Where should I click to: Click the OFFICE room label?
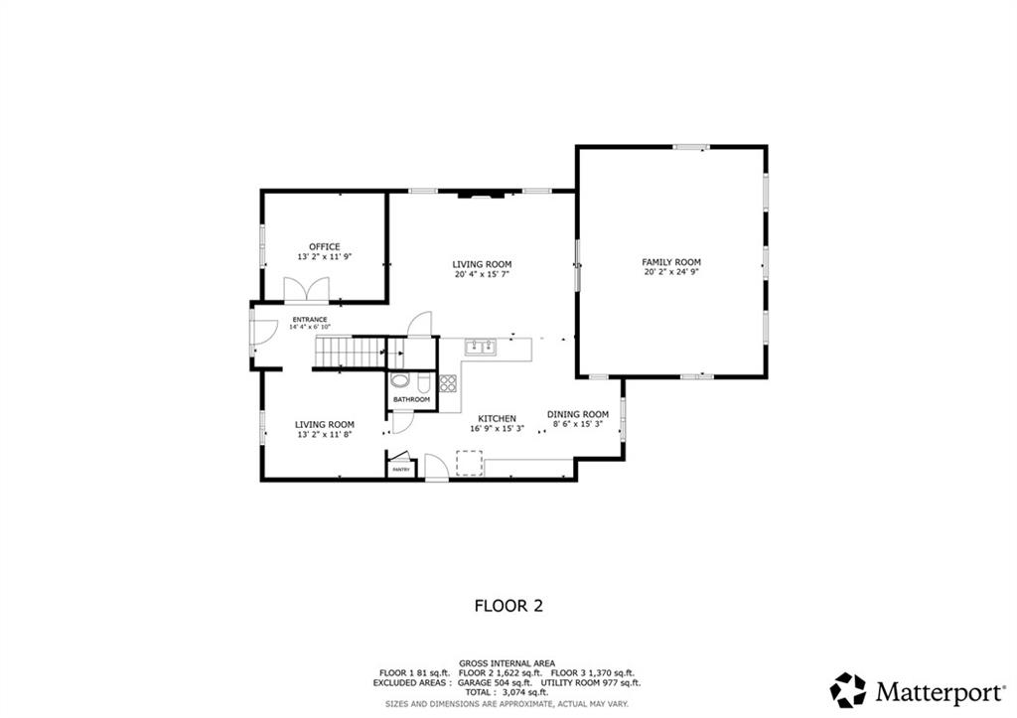pos(324,246)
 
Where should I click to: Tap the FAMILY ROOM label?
pos(671,262)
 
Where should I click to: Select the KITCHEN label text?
pos(497,418)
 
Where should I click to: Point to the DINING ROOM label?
pos(578,414)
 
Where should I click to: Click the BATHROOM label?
pos(411,399)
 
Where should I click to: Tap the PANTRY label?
pos(401,469)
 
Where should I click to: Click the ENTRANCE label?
pos(309,319)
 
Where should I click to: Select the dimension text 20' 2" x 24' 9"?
pos(671,272)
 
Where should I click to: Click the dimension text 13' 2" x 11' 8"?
pos(324,434)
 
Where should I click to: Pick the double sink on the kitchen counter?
pos(482,347)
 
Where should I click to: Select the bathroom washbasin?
pos(399,380)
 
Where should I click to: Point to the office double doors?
pos(305,289)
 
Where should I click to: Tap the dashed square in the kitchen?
pos(468,463)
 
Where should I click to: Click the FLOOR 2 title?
pos(508,605)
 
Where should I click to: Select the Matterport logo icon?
pos(848,689)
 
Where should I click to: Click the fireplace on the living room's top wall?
pos(481,197)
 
